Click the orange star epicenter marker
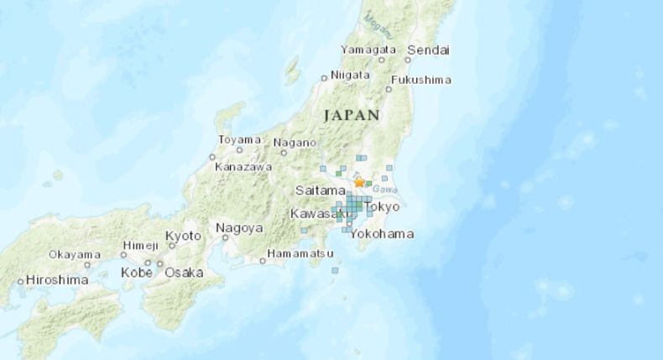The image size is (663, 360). pos(360,182)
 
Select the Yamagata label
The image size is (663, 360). pos(369,50)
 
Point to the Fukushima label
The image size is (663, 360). pos(424,80)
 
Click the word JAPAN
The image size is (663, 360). pos(352,114)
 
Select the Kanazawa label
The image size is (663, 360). pos(244,167)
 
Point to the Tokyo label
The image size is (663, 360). pos(383,207)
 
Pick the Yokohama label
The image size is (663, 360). pos(383,234)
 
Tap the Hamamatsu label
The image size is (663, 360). pos(301,253)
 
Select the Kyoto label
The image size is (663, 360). pos(184,236)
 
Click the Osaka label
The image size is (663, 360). pos(184,273)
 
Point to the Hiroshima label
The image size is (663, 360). pos(58,279)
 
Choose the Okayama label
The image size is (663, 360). pos(75,254)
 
